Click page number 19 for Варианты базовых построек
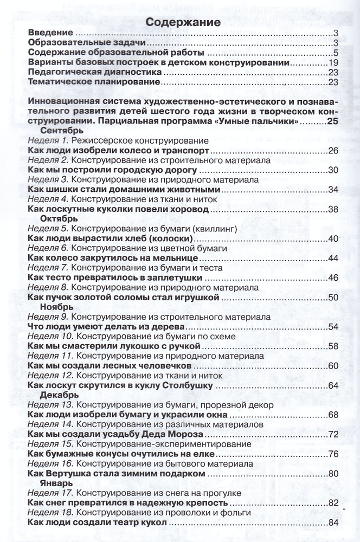(333, 63)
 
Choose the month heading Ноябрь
(57, 307)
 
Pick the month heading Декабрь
(60, 395)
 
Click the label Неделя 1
(47, 140)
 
